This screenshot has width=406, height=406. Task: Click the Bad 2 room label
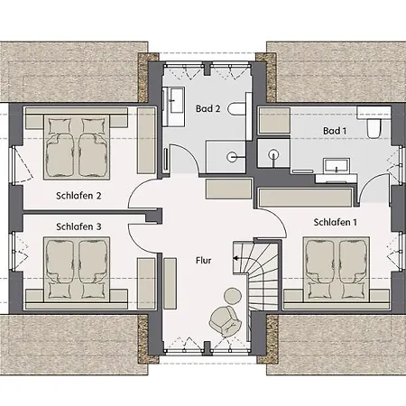pos(208,108)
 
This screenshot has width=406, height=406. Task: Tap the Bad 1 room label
pos(335,131)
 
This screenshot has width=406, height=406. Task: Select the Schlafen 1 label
pos(336,222)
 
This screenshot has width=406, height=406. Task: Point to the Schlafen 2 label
pos(78,196)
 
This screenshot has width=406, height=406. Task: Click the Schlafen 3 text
pos(78,226)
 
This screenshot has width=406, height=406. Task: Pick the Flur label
pos(204,260)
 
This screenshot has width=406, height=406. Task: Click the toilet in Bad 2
pos(236,109)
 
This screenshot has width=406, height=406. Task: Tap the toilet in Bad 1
pos(374,127)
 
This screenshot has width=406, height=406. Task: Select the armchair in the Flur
pos(226,320)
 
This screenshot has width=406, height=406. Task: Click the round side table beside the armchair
pos(233,296)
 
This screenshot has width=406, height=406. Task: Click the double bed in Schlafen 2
pos(77,147)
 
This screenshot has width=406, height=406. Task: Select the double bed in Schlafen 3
pos(77,270)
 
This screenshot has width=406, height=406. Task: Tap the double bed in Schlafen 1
pos(337,270)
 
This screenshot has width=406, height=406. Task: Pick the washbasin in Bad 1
pos(337,166)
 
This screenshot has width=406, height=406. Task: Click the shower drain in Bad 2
pos(232,157)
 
